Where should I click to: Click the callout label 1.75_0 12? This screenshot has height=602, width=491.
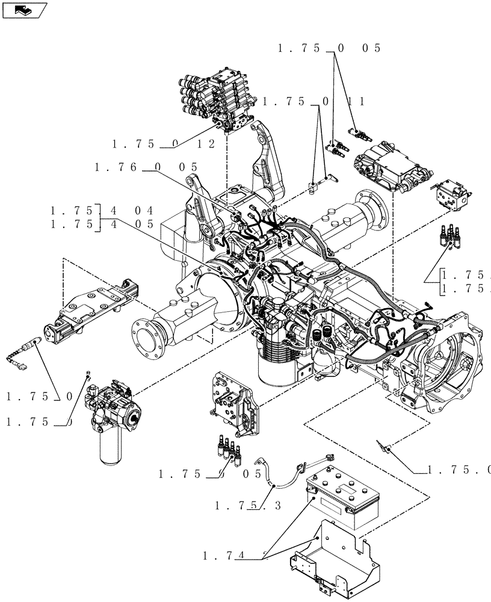point(155,144)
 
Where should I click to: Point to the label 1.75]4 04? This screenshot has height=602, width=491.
point(102,211)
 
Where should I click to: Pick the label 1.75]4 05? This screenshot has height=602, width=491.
point(102,224)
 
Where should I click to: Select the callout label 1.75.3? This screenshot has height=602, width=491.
point(247,506)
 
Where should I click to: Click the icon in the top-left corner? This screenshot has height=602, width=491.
point(25,10)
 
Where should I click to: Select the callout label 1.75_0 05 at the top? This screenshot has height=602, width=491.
point(329,49)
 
